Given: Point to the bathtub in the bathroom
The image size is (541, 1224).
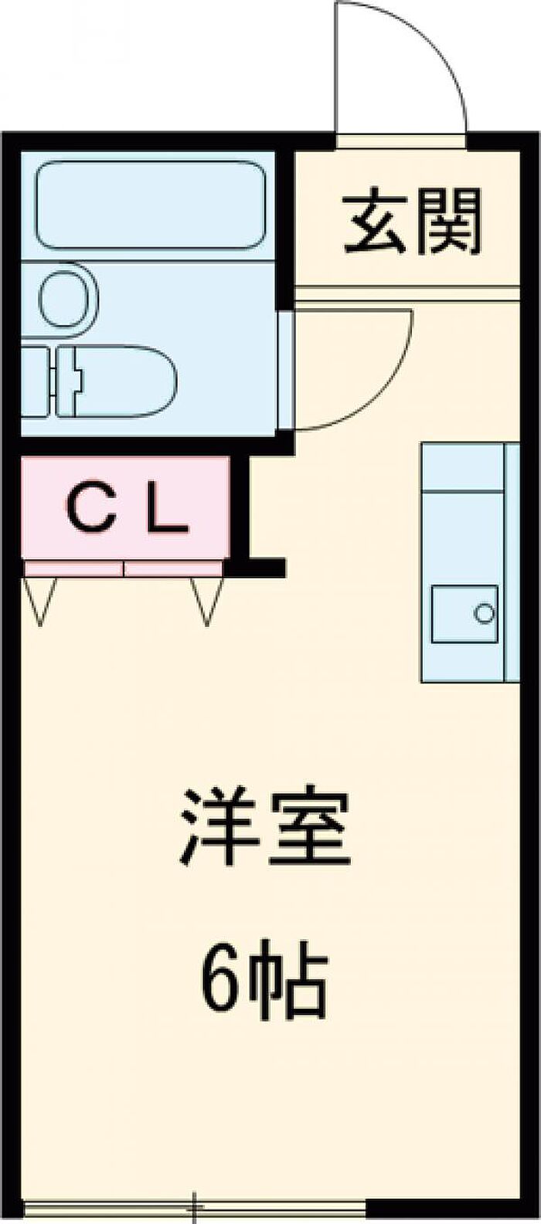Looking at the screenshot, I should (151, 204).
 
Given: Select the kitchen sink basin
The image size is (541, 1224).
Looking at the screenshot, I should (464, 614).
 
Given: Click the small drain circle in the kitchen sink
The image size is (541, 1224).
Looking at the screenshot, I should (485, 614).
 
